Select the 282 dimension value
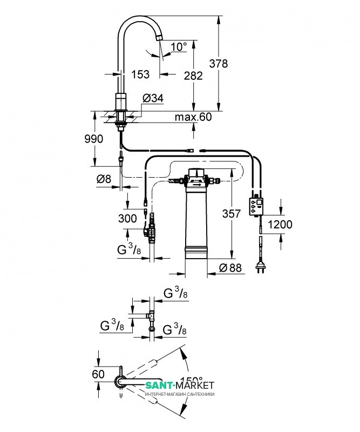tap(193, 76)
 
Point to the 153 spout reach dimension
tap(140, 75)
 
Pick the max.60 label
tap(193, 117)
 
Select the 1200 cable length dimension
tap(280, 224)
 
